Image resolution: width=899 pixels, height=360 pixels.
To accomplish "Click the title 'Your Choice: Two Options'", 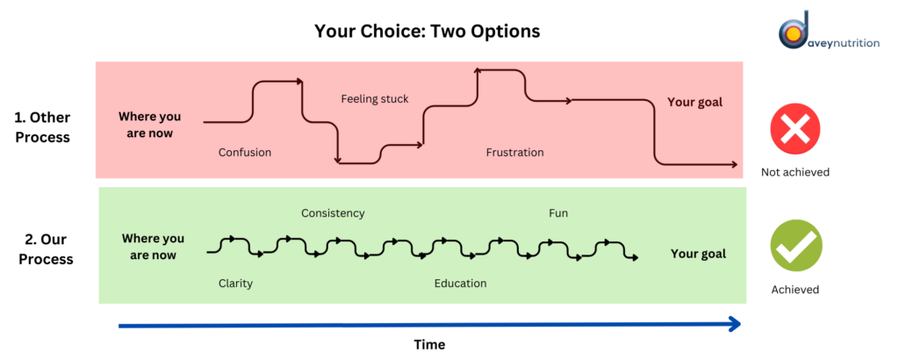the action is click(x=427, y=31).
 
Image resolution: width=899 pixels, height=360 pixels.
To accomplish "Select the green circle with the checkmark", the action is click(x=795, y=245).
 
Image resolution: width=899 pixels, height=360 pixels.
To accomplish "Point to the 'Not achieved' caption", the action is click(x=795, y=172).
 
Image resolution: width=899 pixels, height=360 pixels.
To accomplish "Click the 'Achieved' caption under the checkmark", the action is click(x=795, y=290).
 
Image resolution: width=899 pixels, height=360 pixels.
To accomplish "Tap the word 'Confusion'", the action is click(x=245, y=153).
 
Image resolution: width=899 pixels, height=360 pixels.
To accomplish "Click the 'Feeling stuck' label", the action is click(x=375, y=99).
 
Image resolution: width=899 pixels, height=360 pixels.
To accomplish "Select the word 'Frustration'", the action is click(x=514, y=153).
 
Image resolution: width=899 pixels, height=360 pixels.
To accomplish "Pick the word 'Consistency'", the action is click(x=333, y=213).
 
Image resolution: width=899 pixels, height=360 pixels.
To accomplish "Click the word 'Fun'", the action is click(x=558, y=213).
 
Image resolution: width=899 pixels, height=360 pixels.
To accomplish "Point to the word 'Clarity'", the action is click(x=235, y=284).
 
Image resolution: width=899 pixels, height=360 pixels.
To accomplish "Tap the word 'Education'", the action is click(x=460, y=284).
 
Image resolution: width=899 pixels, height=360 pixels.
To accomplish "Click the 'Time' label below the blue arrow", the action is click(x=429, y=344).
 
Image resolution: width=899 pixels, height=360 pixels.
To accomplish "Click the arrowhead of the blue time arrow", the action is click(x=736, y=325).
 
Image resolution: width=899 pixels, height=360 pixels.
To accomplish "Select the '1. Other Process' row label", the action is click(x=42, y=128).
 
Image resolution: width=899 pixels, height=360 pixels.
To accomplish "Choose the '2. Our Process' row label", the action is click(x=46, y=248).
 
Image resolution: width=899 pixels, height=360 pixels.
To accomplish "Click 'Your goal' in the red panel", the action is click(x=695, y=103).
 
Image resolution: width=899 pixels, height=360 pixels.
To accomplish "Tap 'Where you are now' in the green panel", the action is click(x=153, y=247).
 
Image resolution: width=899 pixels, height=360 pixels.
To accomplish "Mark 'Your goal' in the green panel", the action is click(x=698, y=254).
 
